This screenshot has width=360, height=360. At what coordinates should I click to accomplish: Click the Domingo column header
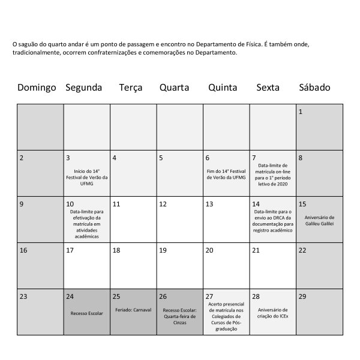pyautogui.click(x=37, y=88)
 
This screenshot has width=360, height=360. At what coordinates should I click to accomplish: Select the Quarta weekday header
pyautogui.click(x=174, y=88)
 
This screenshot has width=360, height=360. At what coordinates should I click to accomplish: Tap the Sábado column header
pyautogui.click(x=314, y=88)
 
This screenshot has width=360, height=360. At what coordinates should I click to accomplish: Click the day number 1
pyautogui.click(x=301, y=112)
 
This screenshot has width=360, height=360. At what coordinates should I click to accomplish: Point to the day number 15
pyautogui.click(x=302, y=204)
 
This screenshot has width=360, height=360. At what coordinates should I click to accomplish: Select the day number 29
pyautogui.click(x=302, y=296)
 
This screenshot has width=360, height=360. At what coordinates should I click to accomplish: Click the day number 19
pyautogui.click(x=163, y=250)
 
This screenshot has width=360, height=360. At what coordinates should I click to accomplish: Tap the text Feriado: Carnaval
pyautogui.click(x=133, y=310)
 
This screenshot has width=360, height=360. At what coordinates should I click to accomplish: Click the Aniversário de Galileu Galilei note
pyautogui.click(x=319, y=220)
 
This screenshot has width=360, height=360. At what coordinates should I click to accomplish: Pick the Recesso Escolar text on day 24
pyautogui.click(x=87, y=313)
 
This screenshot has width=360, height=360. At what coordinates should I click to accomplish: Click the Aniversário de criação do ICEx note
pyautogui.click(x=273, y=313)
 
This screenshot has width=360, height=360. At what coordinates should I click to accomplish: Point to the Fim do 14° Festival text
pyautogui.click(x=226, y=173)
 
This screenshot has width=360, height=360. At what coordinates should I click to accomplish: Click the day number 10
pyautogui.click(x=70, y=204)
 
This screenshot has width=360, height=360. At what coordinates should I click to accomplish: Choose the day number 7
pyautogui.click(x=254, y=158)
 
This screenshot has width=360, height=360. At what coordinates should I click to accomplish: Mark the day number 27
pyautogui.click(x=209, y=296)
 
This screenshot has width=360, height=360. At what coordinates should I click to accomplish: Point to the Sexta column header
pyautogui.click(x=268, y=88)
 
